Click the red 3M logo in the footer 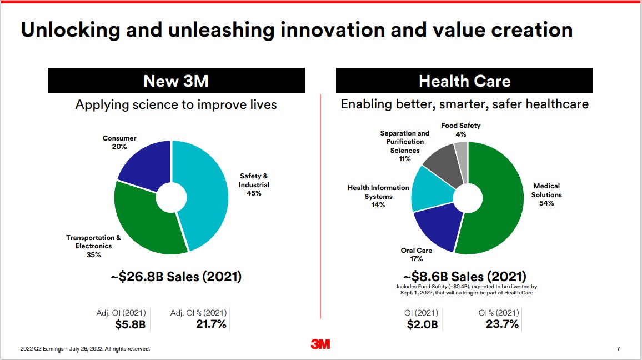tap(320, 344)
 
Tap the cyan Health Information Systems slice tap(430, 192)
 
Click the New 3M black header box tap(176, 81)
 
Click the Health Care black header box tap(464, 81)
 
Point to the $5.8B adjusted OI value tap(130, 324)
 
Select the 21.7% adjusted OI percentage tap(211, 324)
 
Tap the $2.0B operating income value tap(422, 324)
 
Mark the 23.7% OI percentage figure tap(502, 324)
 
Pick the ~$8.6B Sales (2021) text tap(464, 276)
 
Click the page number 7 tap(618, 349)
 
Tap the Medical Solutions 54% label tap(546, 194)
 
